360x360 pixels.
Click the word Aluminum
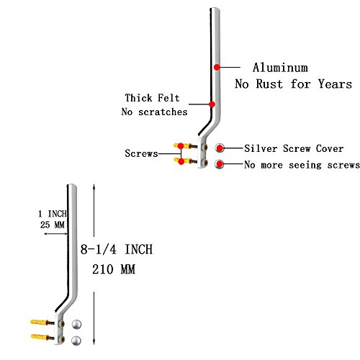point(280,68)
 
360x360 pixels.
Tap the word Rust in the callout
point(269,84)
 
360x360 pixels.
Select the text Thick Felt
point(152,98)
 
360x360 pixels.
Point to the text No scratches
point(154,112)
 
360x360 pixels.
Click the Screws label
point(141,153)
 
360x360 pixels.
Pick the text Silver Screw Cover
point(294,148)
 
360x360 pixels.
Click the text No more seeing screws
point(302,165)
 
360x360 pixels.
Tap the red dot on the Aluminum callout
point(217,67)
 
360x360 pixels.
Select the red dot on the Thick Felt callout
point(212,104)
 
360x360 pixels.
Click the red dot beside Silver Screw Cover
point(220,148)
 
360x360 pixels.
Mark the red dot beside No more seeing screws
point(220,164)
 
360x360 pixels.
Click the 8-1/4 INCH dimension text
point(117,249)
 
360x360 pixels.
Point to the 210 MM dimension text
point(114,269)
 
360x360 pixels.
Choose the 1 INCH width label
point(53,214)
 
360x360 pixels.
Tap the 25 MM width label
point(53,225)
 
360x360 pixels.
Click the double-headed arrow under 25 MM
point(55,233)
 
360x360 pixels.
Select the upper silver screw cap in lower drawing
point(76,325)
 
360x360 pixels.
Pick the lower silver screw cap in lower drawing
point(76,341)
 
